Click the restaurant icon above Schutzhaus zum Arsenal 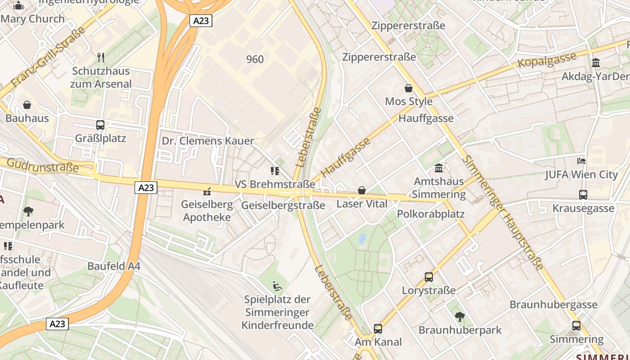point(101,57)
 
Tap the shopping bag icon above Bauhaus point(27,105)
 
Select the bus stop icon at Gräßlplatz point(100,125)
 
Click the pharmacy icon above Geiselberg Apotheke point(207,191)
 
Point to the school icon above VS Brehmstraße point(274,171)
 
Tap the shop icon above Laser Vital point(361,190)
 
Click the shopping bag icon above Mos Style point(409,88)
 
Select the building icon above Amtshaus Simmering point(439,168)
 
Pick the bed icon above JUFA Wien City point(581,161)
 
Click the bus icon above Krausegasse point(583,194)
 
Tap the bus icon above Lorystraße point(428,277)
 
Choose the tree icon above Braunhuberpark point(459,316)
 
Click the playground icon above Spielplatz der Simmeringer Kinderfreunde point(277,286)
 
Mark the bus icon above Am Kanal point(378,328)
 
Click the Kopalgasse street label point(547,60)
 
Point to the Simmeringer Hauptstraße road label point(504,212)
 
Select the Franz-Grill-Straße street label point(48,57)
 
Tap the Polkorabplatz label point(431,214)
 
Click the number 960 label point(255,59)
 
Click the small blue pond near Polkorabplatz point(362,238)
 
